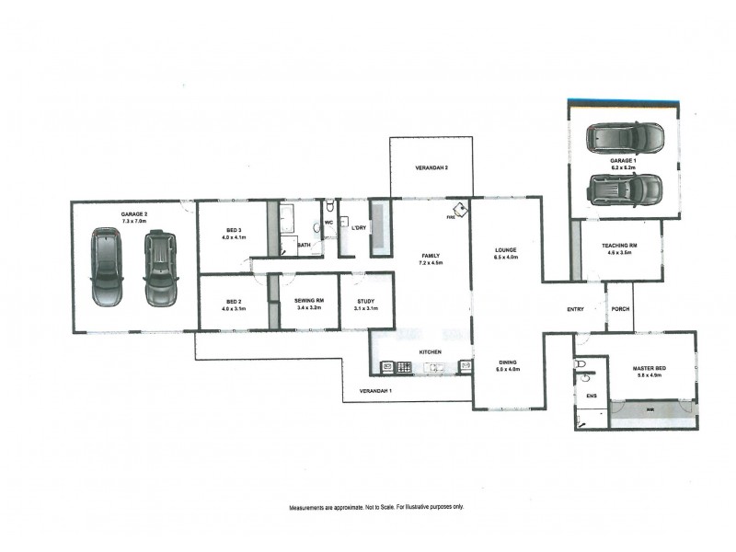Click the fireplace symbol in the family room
pyautogui.click(x=457, y=211)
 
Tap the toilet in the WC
pyautogui.click(x=329, y=207)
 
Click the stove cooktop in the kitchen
pyautogui.click(x=403, y=367)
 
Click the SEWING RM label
pyautogui.click(x=307, y=300)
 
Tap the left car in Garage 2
pyautogui.click(x=107, y=268)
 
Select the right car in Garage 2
pyautogui.click(x=159, y=268)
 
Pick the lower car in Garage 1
pyautogui.click(x=625, y=190)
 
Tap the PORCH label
pyautogui.click(x=620, y=309)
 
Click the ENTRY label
pyautogui.click(x=576, y=309)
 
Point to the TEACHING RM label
pyautogui.click(x=620, y=246)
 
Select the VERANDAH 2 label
pyautogui.click(x=431, y=168)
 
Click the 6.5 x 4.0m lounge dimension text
pyautogui.click(x=505, y=258)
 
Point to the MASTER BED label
pyautogui.click(x=650, y=369)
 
